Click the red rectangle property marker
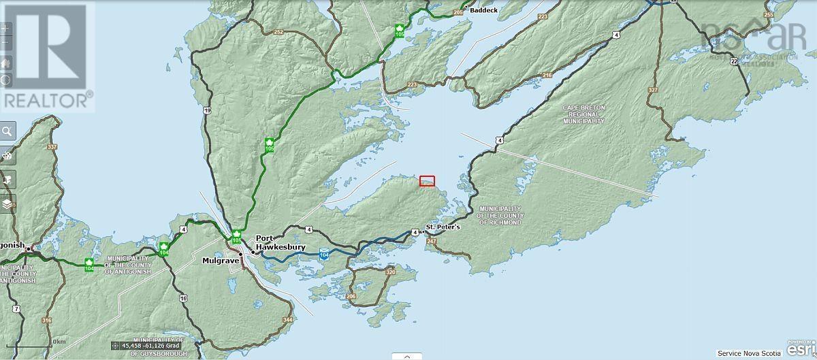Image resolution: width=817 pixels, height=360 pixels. point(427,181)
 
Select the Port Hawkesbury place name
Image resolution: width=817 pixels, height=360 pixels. point(280,243)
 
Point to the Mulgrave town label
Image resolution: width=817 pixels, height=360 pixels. point(219,260)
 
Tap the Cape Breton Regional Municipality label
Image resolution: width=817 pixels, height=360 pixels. point(583,114)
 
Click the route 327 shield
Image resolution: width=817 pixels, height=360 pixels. point(653,89)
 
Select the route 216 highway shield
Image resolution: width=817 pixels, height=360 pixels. point(547,76)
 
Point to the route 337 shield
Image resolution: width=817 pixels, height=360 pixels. point(52,146)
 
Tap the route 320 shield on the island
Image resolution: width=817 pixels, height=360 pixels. point(390,272)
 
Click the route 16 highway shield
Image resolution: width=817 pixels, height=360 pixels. point(183,298)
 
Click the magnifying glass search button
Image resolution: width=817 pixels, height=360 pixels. point(7,131)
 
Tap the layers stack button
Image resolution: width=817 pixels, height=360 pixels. point(7,203)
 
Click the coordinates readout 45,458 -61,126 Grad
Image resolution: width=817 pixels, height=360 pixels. point(149,346)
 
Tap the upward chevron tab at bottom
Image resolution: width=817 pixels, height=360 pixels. point(407,355)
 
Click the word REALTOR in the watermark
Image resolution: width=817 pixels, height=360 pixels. point(45,100)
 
